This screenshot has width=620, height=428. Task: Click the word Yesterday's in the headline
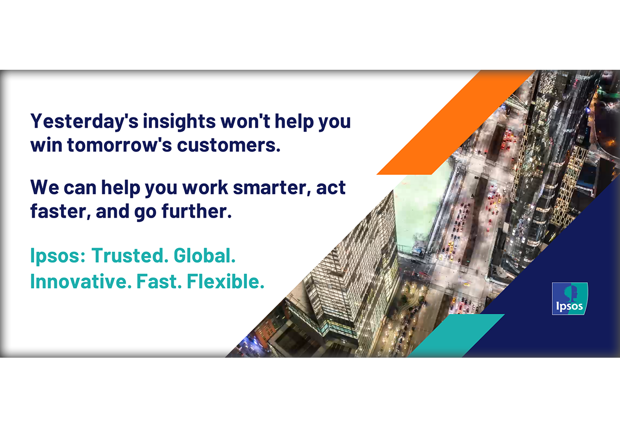[84, 122]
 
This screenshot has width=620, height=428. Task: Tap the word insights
[179, 121]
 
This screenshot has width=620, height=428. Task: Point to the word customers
[228, 145]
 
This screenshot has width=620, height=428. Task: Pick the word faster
[60, 211]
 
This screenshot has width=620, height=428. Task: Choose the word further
[196, 211]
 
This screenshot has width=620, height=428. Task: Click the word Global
[205, 255]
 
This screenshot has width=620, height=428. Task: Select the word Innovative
[81, 281]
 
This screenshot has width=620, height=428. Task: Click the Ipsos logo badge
[570, 298]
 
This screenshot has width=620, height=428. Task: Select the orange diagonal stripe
[455, 123]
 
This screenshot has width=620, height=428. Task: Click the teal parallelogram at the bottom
[456, 335]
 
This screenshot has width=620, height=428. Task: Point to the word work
[206, 188]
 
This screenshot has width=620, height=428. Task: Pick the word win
[46, 145]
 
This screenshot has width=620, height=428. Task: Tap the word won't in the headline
[245, 121]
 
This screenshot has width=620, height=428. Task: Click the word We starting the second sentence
[44, 188]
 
